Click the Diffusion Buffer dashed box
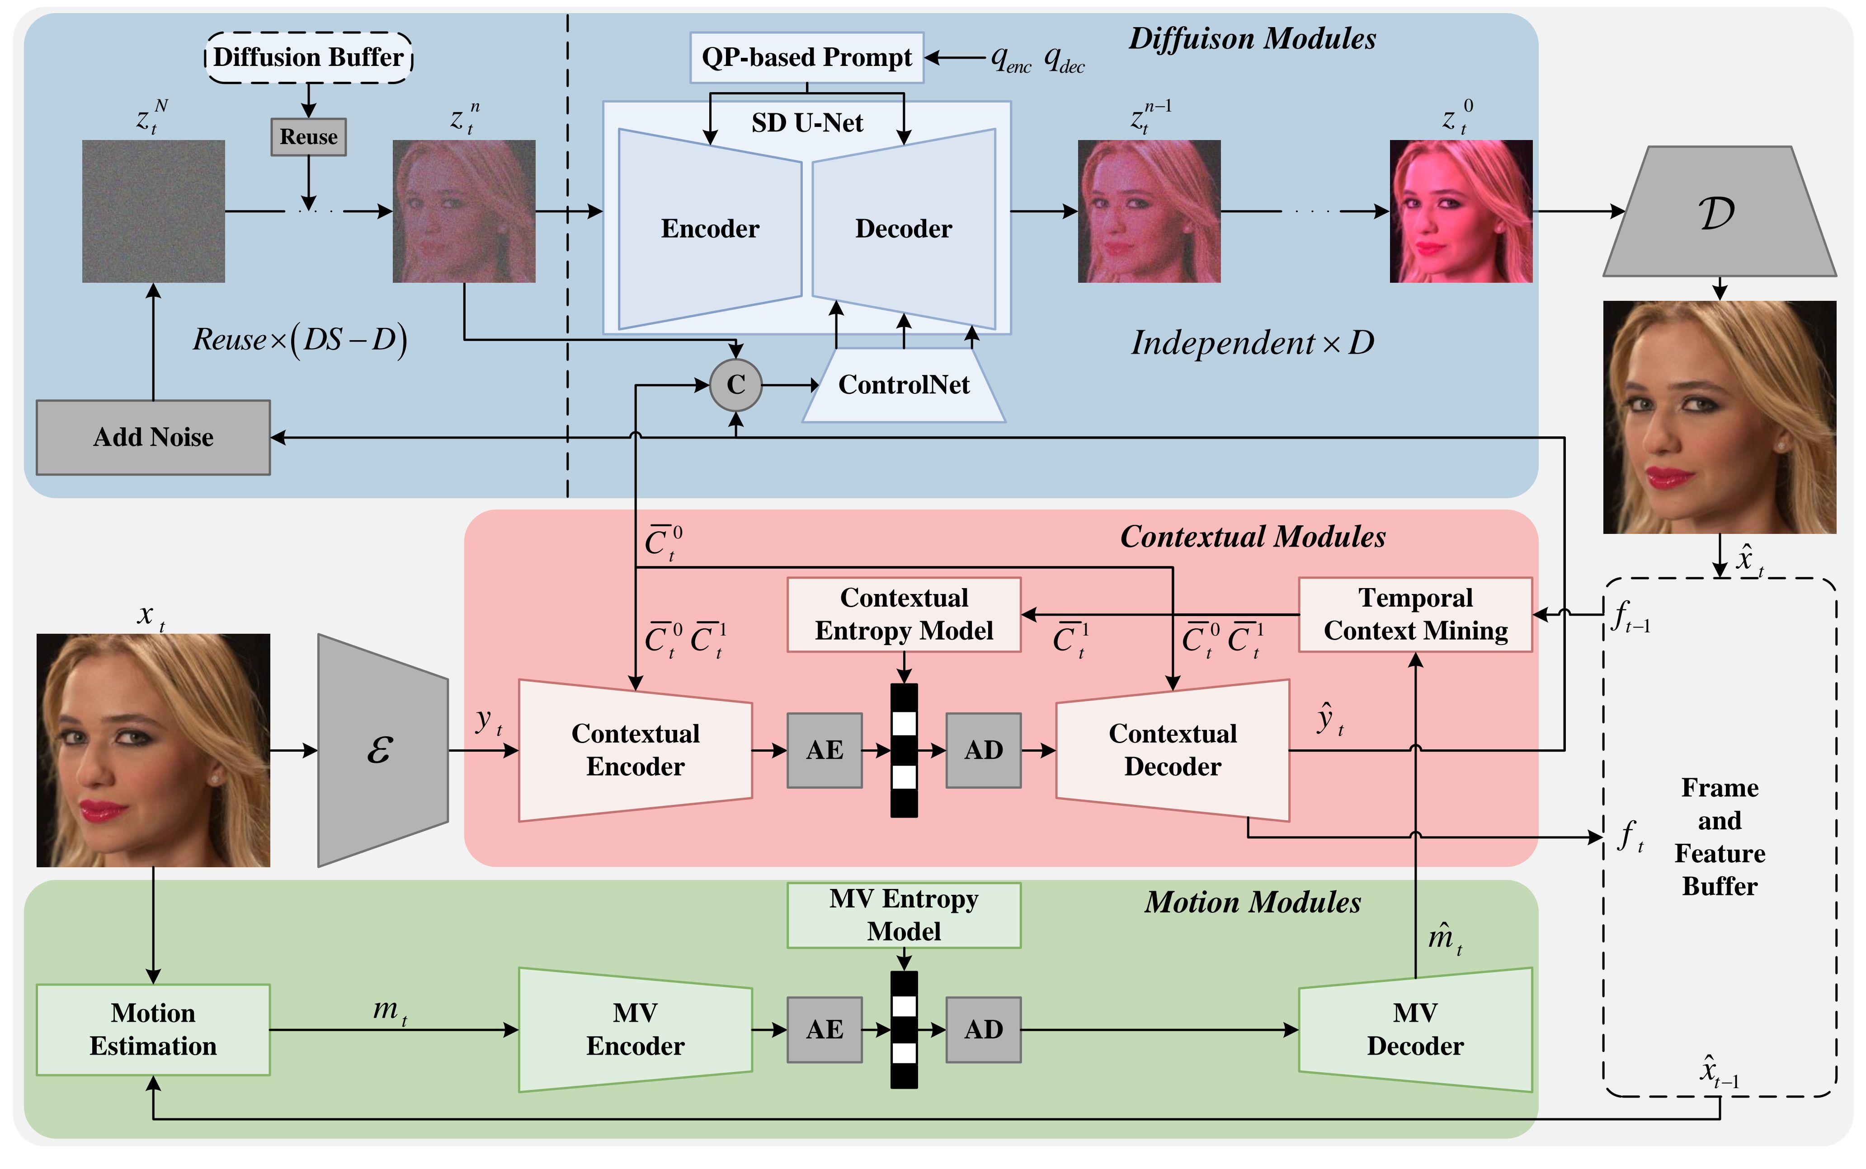309,57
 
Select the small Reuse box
309,137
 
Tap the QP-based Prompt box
807,57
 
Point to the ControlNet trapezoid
904,385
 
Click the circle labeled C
736,385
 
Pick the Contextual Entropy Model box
904,615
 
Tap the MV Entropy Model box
904,916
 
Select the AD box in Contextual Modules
983,750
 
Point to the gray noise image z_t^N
153,211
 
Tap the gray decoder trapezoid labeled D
1719,211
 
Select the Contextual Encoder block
635,750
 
